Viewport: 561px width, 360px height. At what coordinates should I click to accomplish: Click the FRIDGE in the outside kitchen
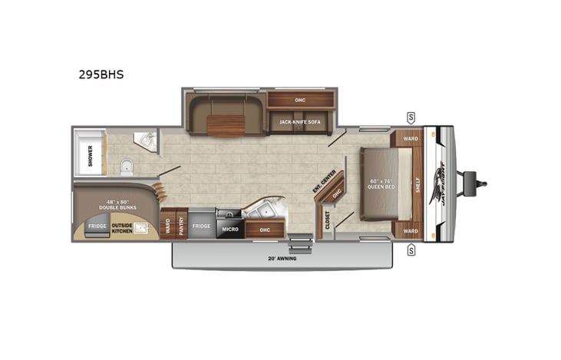pos(96,226)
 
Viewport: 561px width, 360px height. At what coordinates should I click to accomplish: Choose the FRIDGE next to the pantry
pos(201,226)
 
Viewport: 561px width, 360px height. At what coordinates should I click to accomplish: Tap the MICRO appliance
pos(230,229)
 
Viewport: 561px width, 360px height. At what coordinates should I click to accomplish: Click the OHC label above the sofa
pos(300,100)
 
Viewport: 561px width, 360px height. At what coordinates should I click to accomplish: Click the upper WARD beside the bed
pos(410,140)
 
